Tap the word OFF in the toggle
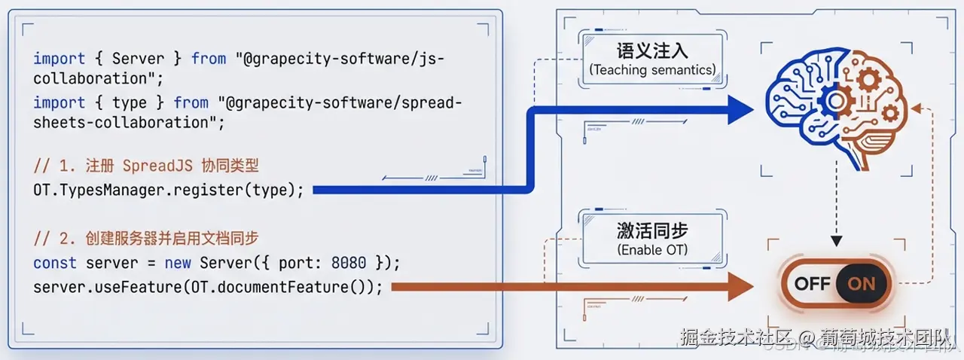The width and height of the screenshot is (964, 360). point(812,284)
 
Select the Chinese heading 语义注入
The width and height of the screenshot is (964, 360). point(652,51)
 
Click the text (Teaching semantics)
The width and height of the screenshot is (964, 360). point(652,70)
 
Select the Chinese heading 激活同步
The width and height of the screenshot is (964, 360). point(652,230)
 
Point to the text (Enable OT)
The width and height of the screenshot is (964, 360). point(652,249)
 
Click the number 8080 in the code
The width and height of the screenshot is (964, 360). point(348,263)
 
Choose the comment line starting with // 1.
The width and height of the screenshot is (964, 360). point(146,166)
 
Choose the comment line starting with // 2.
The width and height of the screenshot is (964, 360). point(146,239)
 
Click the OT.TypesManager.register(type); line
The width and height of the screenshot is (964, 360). point(169,190)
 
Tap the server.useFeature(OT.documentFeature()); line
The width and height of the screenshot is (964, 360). point(208,287)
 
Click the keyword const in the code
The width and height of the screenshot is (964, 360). point(55,263)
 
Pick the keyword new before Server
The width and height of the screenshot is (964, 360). point(178,263)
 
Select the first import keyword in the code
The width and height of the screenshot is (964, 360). point(59,58)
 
